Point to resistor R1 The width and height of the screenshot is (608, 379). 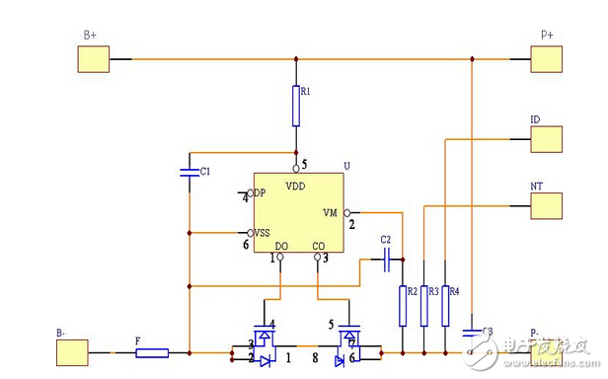[295, 106]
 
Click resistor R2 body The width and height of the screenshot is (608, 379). [403, 305]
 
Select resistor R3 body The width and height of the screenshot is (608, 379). [423, 305]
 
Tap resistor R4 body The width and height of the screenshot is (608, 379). [445, 305]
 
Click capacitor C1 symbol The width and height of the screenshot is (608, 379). [189, 172]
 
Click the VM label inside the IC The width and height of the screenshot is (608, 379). [331, 212]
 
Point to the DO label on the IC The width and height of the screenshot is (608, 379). [281, 246]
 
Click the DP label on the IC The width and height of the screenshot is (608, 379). [259, 192]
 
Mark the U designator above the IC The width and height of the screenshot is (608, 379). [346, 166]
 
